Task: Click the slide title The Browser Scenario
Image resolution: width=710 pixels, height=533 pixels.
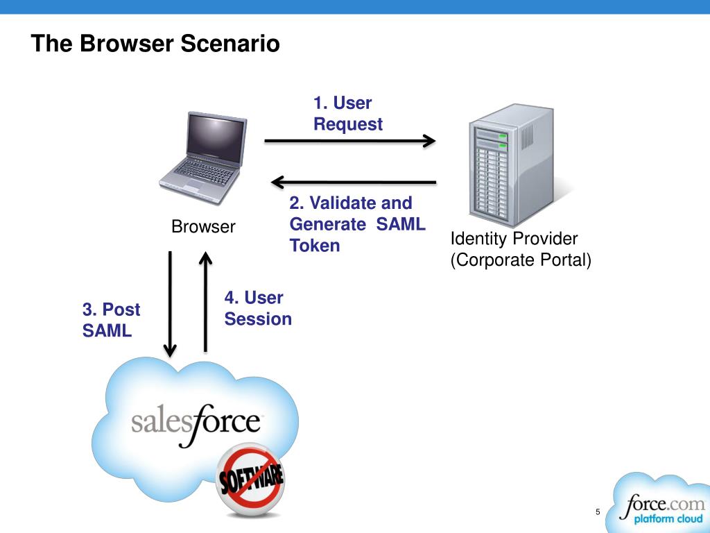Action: (x=155, y=44)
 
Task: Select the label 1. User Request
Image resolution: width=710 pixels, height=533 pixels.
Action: (x=347, y=114)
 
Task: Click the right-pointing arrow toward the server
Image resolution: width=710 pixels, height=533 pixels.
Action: (x=349, y=141)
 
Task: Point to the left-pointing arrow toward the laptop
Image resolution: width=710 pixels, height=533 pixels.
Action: (x=354, y=183)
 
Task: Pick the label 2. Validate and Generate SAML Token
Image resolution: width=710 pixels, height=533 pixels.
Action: (x=357, y=224)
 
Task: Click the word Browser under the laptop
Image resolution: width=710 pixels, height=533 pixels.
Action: (x=203, y=227)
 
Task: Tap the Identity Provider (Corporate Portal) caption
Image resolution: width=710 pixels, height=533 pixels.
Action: (x=520, y=250)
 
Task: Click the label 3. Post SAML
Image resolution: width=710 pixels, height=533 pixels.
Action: (x=111, y=320)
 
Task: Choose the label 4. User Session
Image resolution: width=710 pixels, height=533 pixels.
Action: (x=257, y=309)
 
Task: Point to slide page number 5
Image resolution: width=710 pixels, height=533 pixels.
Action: (x=598, y=512)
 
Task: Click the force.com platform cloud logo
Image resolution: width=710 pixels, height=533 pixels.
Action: (x=659, y=507)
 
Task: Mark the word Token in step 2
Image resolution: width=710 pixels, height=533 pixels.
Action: (x=315, y=246)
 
